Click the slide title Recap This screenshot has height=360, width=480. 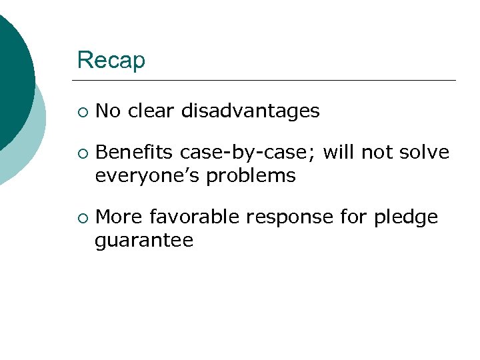tap(111, 61)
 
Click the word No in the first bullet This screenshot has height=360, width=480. tap(108, 111)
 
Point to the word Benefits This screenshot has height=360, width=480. tap(135, 153)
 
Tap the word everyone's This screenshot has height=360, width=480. tap(147, 176)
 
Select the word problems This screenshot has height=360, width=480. tap(251, 176)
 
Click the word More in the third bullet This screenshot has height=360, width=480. tap(119, 217)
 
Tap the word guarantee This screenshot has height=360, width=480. tap(144, 241)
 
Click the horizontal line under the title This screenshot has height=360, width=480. tap(267, 81)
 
